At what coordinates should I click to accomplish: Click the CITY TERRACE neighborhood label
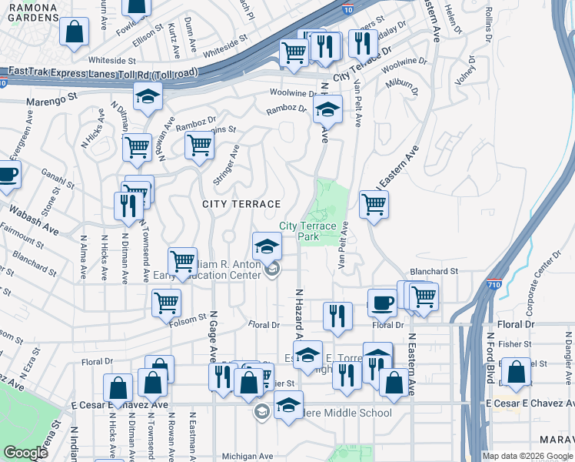241,204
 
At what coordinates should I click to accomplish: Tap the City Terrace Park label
307,231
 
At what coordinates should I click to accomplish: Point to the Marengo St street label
53,99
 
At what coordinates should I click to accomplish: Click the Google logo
25,453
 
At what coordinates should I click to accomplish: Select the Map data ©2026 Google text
527,456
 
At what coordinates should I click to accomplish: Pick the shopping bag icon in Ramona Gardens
75,32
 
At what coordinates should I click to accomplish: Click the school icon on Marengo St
147,96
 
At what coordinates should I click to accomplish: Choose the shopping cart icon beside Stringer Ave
199,144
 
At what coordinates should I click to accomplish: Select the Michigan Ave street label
248,456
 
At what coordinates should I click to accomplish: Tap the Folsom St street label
193,316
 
